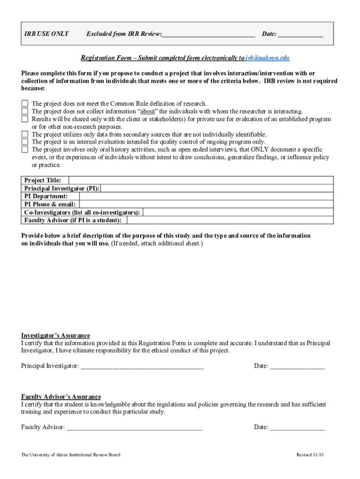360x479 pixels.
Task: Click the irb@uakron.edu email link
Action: click(x=267, y=58)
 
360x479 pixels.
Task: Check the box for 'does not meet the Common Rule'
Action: click(x=25, y=104)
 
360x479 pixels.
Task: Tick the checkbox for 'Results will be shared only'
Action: click(x=25, y=119)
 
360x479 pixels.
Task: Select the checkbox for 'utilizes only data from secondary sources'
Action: click(x=25, y=134)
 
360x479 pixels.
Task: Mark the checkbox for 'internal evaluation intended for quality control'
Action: click(x=25, y=142)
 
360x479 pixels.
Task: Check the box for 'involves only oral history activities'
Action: click(x=25, y=150)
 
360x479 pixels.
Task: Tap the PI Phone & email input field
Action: click(x=206, y=204)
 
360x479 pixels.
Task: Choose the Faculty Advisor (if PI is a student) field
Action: click(x=229, y=220)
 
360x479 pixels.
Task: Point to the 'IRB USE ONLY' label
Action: click(x=47, y=34)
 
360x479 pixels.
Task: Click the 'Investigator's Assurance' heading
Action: click(x=56, y=335)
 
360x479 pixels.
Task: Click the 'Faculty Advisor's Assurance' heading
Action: click(x=61, y=397)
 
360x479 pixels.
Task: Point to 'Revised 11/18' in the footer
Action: click(x=310, y=455)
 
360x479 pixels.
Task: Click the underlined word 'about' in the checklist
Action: click(x=148, y=111)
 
